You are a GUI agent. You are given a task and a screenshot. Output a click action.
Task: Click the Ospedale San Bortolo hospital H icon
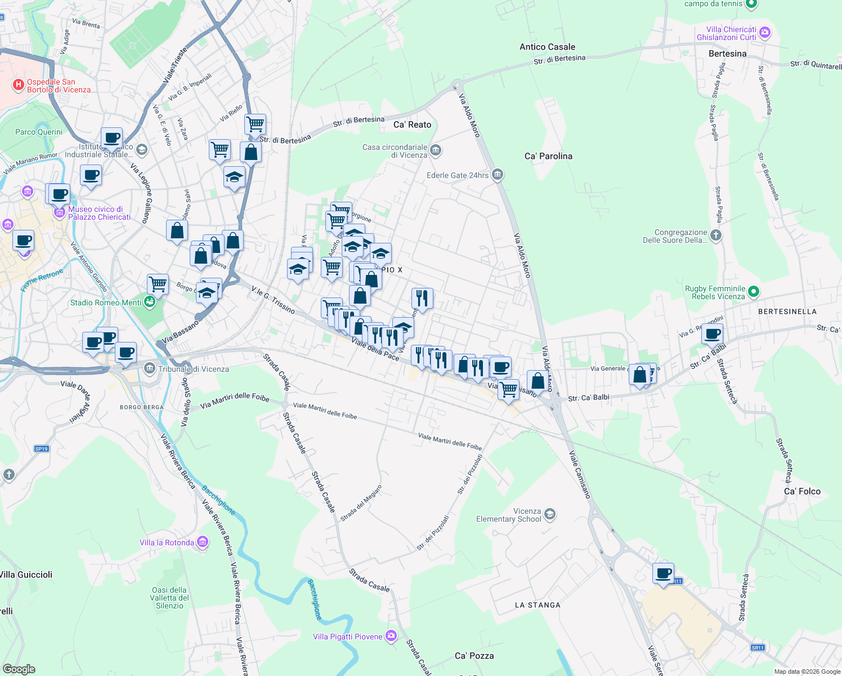[x=19, y=85]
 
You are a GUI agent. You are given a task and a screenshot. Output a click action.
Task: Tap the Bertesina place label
[x=727, y=54]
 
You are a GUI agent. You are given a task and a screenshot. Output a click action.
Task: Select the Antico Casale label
[x=547, y=47]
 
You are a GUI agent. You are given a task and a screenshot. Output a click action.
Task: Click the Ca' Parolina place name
[x=548, y=156]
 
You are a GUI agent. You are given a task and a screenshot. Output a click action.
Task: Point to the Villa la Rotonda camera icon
[x=203, y=542]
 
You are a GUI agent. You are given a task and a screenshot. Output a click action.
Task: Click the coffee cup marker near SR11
[x=664, y=573]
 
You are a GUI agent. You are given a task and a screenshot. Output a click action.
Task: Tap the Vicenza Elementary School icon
[x=550, y=514]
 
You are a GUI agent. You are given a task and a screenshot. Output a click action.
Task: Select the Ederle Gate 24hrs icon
[x=497, y=175]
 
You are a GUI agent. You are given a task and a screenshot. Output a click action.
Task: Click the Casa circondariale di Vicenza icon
[x=436, y=150]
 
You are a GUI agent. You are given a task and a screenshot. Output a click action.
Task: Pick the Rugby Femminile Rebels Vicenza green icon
[x=754, y=292]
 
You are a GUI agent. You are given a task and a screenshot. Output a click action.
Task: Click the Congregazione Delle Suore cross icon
[x=715, y=235]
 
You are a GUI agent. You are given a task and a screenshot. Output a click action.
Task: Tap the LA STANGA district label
[x=538, y=605]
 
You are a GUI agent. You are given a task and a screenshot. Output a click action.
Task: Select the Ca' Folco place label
[x=802, y=491]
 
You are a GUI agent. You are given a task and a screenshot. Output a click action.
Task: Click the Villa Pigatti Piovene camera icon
[x=391, y=636]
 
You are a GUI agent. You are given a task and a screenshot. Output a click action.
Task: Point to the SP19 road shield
[x=42, y=449]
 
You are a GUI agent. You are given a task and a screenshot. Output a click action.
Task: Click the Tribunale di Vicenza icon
[x=149, y=369]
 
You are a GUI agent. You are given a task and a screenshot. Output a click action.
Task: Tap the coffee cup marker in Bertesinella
[x=713, y=333]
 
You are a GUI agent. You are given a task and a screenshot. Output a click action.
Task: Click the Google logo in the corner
[x=19, y=669]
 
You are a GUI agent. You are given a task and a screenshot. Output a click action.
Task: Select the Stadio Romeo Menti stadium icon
[x=150, y=303]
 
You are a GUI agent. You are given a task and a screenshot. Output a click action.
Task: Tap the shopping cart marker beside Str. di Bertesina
[x=256, y=124]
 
